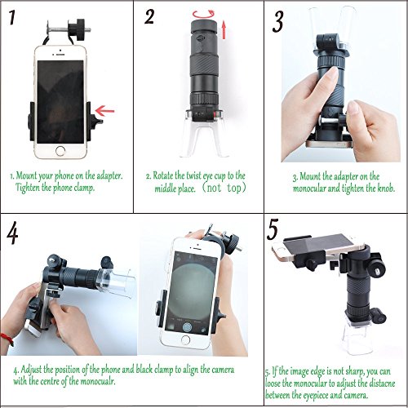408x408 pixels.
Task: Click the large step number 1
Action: coord(11,18)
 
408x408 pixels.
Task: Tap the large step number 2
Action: coord(149,17)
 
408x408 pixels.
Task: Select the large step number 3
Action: coord(278,22)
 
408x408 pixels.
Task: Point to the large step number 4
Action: coord(12,233)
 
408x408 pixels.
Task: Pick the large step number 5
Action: coord(273,229)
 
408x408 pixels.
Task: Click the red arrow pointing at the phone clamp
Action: coord(104,111)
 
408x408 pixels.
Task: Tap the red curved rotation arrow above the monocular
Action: coord(203,14)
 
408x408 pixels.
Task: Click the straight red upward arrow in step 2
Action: coord(224,29)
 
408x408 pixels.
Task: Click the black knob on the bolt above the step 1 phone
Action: coord(76,29)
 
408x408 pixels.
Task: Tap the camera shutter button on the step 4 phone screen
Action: coord(187,326)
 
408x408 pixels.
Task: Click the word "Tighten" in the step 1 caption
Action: coord(28,188)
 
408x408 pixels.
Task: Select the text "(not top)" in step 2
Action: coord(224,188)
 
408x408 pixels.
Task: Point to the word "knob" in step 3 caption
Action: coord(386,188)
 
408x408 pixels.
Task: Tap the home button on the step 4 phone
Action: coord(186,339)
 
